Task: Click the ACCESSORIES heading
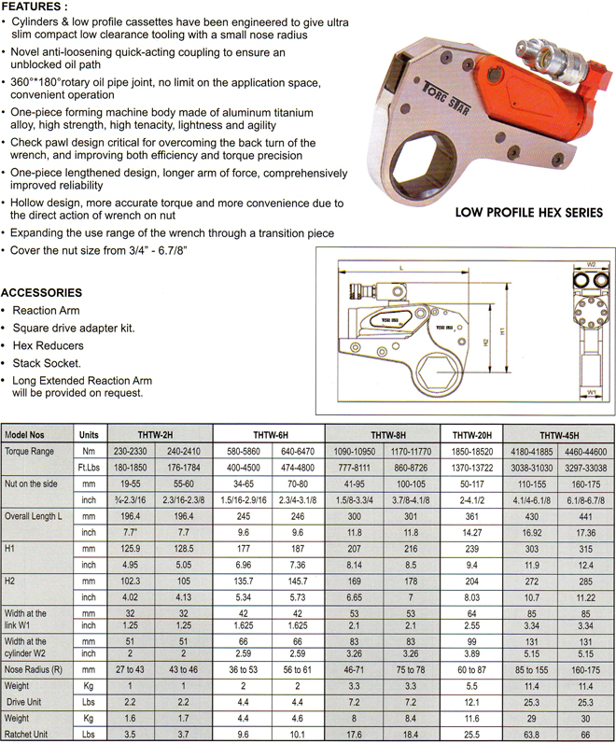pos(42,292)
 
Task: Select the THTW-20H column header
pos(478,435)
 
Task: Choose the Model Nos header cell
pos(32,435)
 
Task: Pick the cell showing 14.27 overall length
pos(478,531)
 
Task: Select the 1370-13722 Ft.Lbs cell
pos(478,466)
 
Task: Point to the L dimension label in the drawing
pos(400,267)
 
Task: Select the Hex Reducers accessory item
pos(44,345)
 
